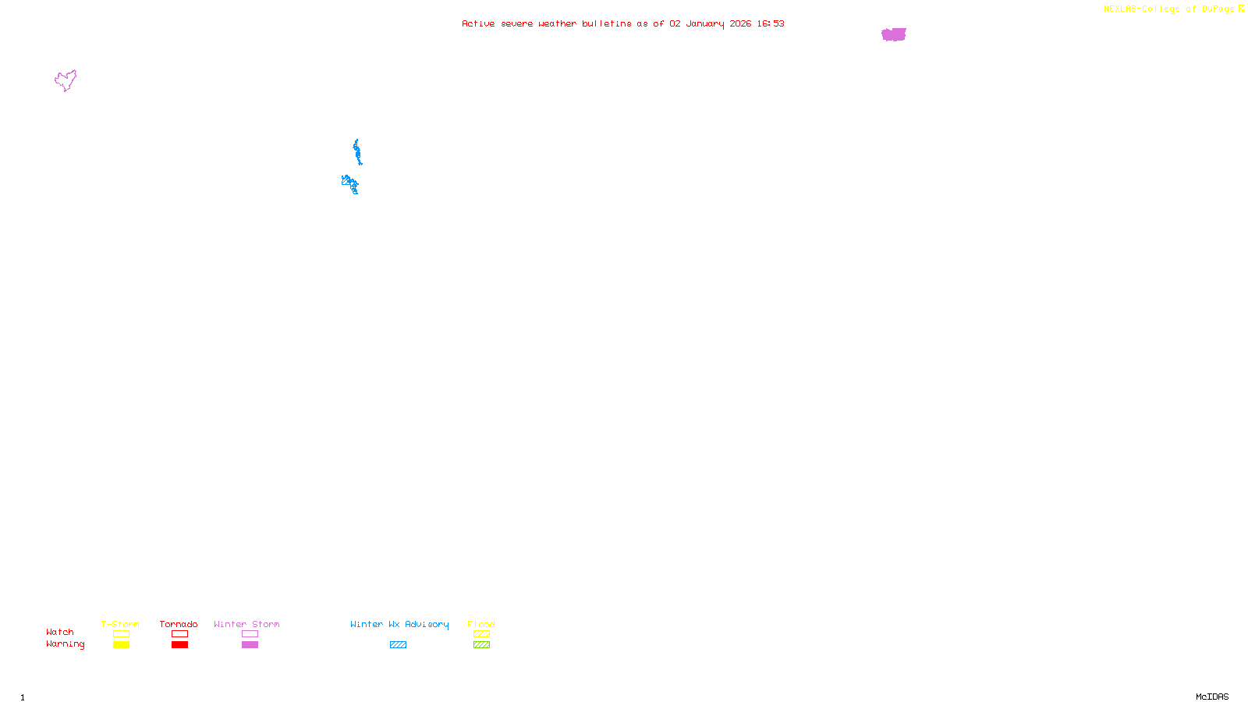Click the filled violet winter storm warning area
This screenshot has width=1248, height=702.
894,34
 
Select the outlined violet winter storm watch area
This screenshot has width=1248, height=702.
66,80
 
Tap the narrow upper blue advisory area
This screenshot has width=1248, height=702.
357,152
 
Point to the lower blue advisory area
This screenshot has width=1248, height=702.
350,184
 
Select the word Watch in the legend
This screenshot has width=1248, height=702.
60,633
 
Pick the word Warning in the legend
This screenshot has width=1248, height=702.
65,644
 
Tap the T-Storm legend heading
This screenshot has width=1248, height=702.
120,624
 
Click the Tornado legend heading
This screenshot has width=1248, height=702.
179,624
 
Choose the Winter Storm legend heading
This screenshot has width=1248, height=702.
246,624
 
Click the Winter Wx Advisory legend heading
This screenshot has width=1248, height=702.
399,624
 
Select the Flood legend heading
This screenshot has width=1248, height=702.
481,624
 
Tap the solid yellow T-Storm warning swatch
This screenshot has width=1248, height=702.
121,645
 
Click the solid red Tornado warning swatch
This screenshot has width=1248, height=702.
179,645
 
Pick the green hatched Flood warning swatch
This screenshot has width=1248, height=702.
481,645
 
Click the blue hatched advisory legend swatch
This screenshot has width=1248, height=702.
398,645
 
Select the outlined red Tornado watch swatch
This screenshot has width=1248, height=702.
179,634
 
